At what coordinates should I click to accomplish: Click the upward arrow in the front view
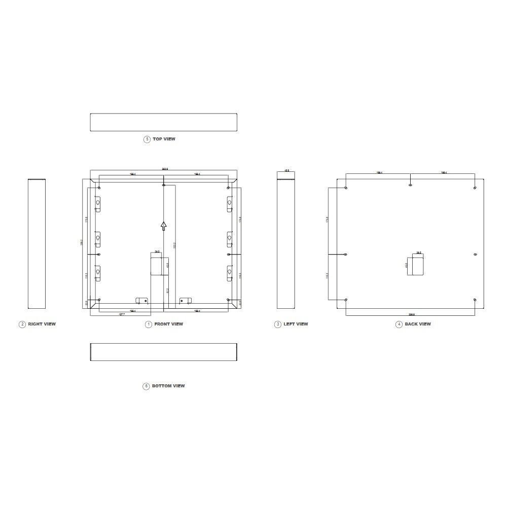pyautogui.click(x=163, y=226)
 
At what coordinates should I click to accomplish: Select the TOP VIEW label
pyautogui.click(x=164, y=139)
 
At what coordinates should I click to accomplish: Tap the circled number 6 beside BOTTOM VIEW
pyautogui.click(x=146, y=386)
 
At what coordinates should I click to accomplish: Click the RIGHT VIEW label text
pyautogui.click(x=42, y=324)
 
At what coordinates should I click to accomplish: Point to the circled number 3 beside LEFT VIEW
pyautogui.click(x=277, y=324)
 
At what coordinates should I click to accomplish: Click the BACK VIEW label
pyautogui.click(x=418, y=324)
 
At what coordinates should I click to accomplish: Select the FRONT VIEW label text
pyautogui.click(x=169, y=324)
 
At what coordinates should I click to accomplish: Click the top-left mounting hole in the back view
pyautogui.click(x=346, y=188)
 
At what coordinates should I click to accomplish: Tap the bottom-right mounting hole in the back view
pyautogui.click(x=475, y=300)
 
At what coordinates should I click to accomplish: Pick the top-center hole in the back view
pyautogui.click(x=410, y=185)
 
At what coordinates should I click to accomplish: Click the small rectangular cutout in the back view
pyautogui.click(x=417, y=265)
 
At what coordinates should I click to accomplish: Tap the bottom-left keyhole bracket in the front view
pyautogui.click(x=98, y=273)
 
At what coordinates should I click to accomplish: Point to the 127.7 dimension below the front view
pyautogui.click(x=122, y=315)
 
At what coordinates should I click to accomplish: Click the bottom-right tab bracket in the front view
pyautogui.click(x=186, y=301)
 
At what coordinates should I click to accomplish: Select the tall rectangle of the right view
pyautogui.click(x=37, y=244)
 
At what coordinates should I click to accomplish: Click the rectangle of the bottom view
pyautogui.click(x=163, y=352)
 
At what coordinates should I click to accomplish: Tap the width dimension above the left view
pyautogui.click(x=286, y=171)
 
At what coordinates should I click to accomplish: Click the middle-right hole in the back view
pyautogui.click(x=475, y=255)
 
